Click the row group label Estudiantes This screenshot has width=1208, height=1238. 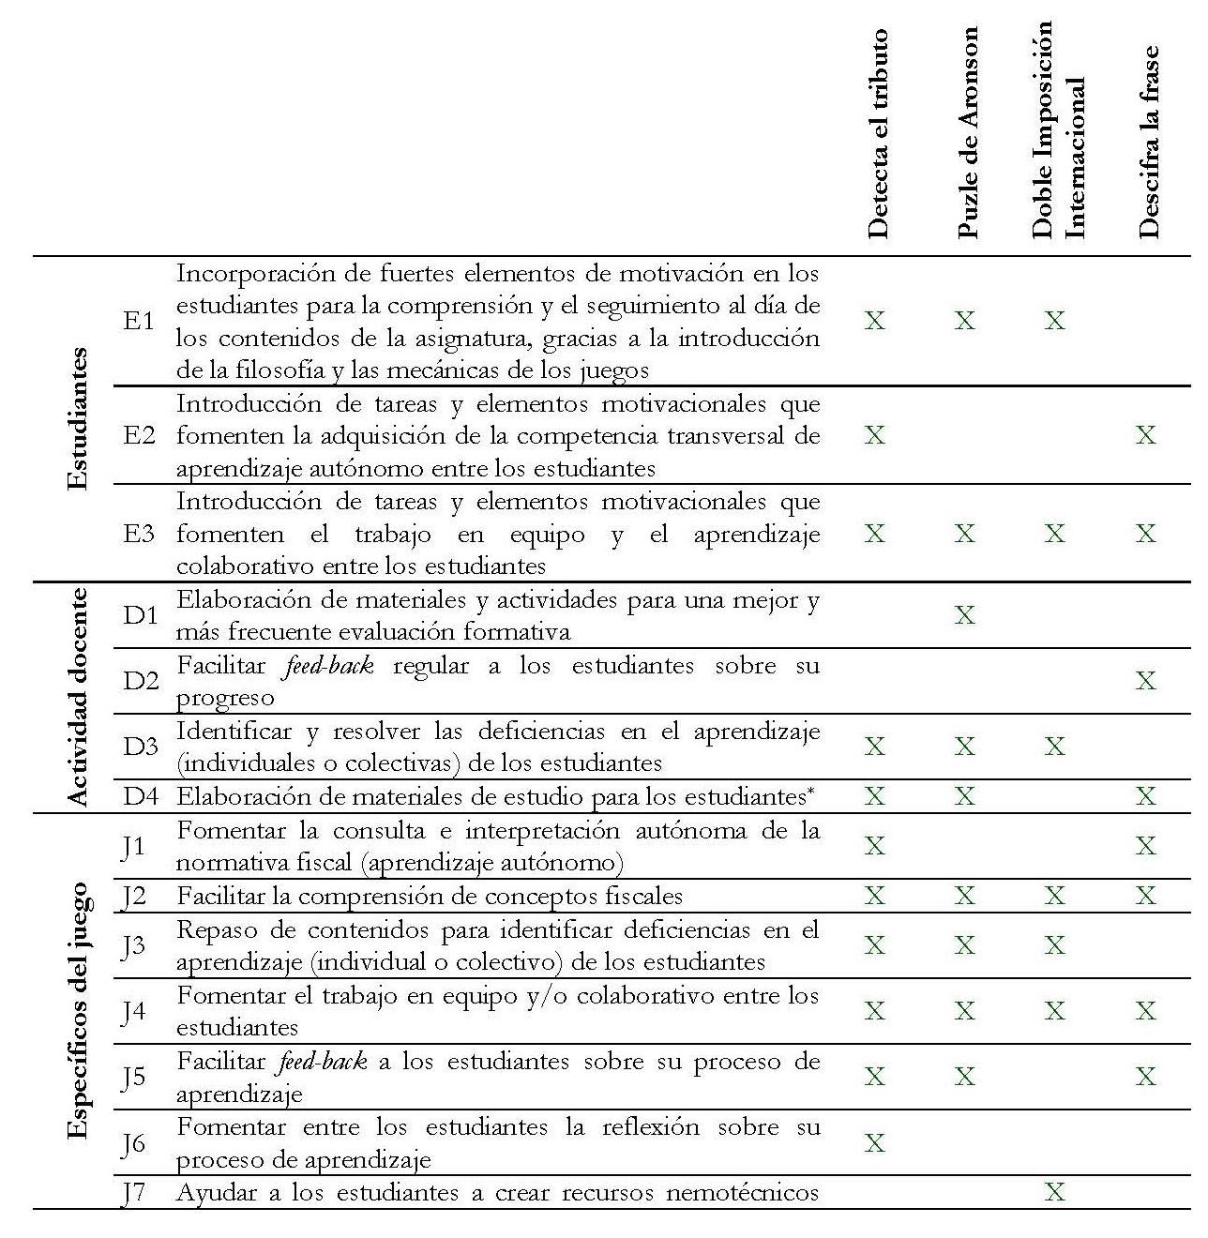pyautogui.click(x=80, y=418)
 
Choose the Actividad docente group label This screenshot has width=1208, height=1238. pyautogui.click(x=80, y=697)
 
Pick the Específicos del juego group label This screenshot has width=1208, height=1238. pyautogui.click(x=80, y=1010)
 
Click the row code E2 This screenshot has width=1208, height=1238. pyautogui.click(x=140, y=436)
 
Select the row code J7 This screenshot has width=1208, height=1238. pyautogui.click(x=134, y=1193)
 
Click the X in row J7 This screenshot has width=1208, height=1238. pyautogui.click(x=1055, y=1193)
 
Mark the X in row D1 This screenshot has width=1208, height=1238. pyautogui.click(x=965, y=615)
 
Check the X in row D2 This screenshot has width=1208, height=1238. pyautogui.click(x=1146, y=681)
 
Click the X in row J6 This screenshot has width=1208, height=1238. pyautogui.click(x=874, y=1143)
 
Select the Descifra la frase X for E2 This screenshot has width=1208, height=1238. pyautogui.click(x=1146, y=435)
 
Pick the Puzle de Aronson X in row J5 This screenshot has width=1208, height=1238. pyautogui.click(x=965, y=1077)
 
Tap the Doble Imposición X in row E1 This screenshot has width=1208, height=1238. pyautogui.click(x=1055, y=322)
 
